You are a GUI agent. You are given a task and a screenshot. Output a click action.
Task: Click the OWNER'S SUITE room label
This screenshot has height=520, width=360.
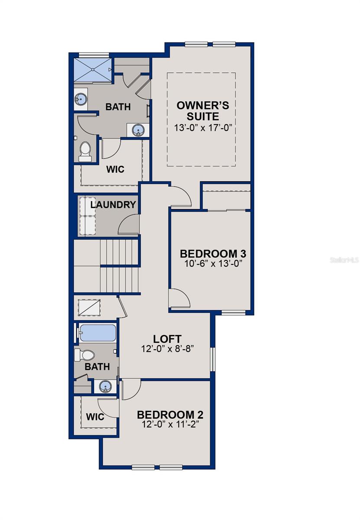click(203, 111)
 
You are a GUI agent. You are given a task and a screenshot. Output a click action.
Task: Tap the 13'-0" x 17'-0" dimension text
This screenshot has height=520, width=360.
click(203, 128)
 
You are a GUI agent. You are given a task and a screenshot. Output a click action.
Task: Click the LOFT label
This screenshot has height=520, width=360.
click(167, 339)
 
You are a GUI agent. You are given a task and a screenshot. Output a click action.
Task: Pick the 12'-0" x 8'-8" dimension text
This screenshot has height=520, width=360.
click(167, 348)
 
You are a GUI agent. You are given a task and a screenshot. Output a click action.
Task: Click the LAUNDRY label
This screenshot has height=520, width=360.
click(113, 205)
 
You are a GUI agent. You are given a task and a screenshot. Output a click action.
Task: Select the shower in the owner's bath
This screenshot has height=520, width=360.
click(92, 69)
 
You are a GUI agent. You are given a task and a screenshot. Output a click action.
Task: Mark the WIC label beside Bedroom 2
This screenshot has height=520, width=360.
click(95, 417)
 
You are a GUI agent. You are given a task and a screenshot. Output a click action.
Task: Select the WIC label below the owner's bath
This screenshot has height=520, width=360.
click(115, 169)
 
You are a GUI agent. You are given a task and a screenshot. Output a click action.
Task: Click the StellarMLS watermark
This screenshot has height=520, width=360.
click(345, 260)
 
